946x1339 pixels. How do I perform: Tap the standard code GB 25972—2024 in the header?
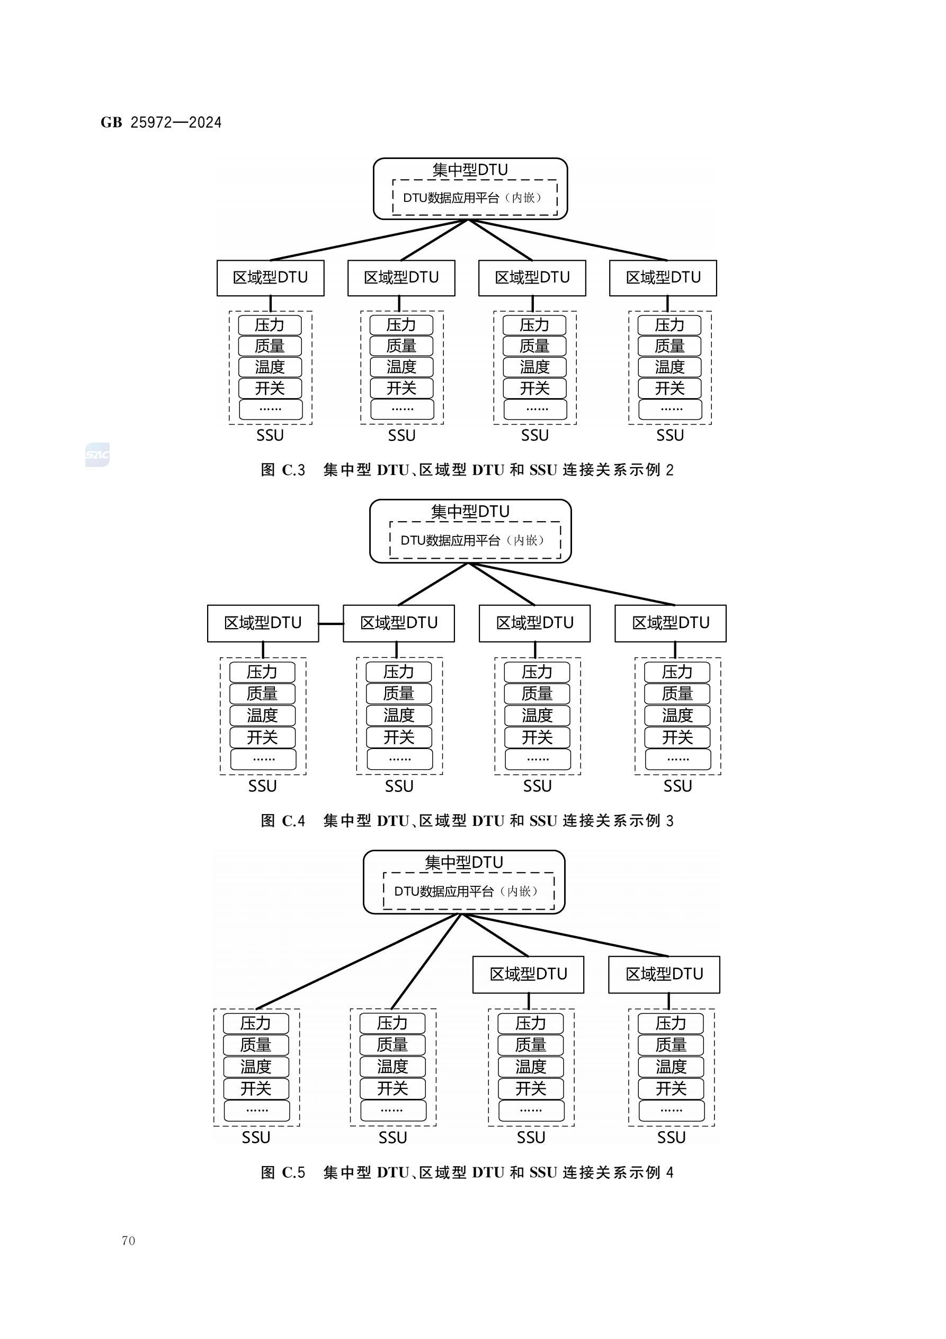(161, 122)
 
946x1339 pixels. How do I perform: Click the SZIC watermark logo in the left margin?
(97, 455)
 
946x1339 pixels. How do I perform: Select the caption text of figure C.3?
(467, 470)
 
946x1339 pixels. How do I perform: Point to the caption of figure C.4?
(467, 821)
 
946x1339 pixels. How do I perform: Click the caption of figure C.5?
(467, 1172)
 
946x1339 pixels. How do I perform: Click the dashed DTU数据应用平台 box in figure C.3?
(475, 198)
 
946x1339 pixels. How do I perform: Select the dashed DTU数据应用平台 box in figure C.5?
(468, 891)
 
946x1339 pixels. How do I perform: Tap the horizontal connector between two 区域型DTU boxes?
(331, 623)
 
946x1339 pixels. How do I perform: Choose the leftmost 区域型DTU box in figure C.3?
(271, 278)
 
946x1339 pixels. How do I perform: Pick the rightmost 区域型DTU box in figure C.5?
(664, 974)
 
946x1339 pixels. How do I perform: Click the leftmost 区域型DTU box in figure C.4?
(263, 623)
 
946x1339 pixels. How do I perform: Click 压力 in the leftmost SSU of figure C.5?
(256, 1024)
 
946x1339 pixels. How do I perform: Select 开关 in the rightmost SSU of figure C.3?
(669, 388)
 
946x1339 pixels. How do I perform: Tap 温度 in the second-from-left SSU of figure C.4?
(399, 715)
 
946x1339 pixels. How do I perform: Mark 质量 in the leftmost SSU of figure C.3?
(269, 346)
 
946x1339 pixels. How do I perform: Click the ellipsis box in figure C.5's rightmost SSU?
(671, 1111)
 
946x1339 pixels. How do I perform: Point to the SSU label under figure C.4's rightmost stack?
(677, 786)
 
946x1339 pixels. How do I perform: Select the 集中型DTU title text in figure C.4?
(470, 512)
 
